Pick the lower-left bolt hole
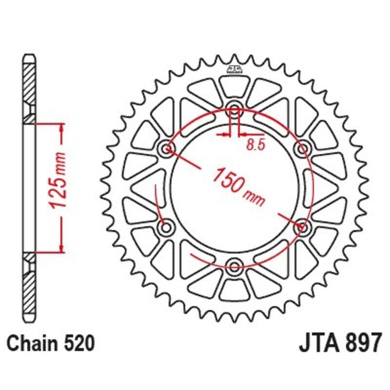pyautogui.click(x=167, y=226)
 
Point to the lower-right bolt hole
pyautogui.click(x=302, y=226)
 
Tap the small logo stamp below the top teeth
pyautogui.click(x=234, y=69)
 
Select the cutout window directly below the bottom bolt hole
pyautogui.click(x=234, y=289)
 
